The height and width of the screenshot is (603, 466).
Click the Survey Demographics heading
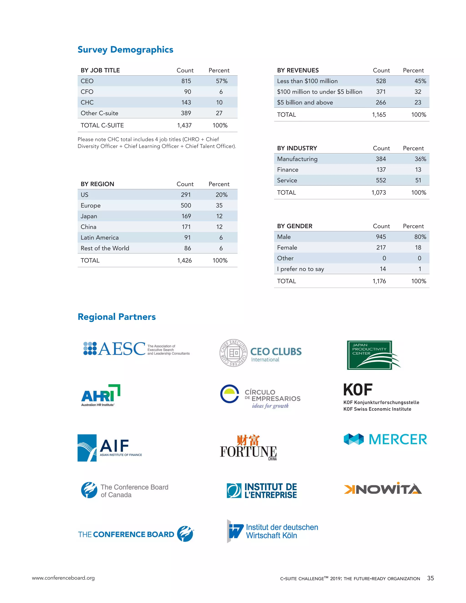coord(125,50)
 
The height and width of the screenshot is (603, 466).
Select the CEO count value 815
coord(186,81)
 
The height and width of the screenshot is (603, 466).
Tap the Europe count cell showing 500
coord(186,206)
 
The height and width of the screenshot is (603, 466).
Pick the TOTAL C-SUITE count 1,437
coord(184,125)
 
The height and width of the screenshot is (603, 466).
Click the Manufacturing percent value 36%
coord(420,159)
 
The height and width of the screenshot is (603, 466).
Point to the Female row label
coord(287,248)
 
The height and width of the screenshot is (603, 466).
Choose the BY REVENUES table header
coord(298,70)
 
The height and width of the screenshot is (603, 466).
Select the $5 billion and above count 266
coord(381,102)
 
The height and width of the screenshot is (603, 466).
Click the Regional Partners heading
coord(116,317)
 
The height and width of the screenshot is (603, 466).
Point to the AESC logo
coord(136,349)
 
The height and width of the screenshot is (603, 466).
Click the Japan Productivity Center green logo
coord(373,355)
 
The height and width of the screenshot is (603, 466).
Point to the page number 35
coord(430,578)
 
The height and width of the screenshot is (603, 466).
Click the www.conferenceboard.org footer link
coord(63,578)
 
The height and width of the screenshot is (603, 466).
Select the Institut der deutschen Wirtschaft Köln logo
coord(272,531)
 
